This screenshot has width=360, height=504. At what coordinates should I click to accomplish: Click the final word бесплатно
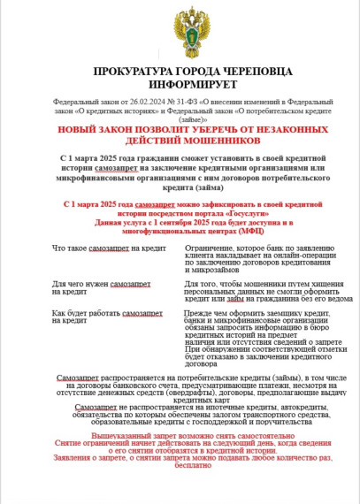(181, 492)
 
